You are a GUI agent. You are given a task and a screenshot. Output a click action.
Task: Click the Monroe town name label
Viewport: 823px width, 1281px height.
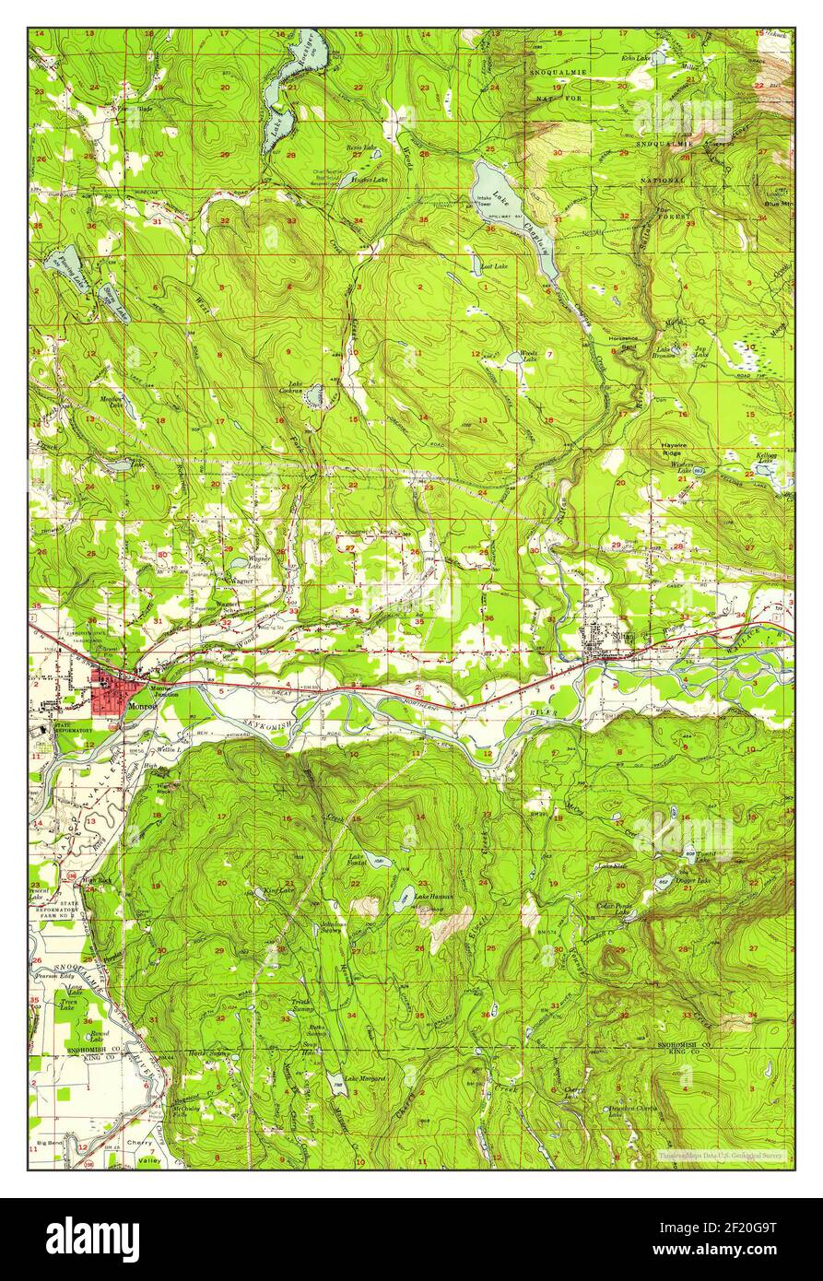click(144, 707)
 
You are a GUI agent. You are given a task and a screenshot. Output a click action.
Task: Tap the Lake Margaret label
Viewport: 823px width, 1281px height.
click(366, 1079)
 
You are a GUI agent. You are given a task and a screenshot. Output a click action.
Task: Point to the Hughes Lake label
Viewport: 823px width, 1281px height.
click(373, 180)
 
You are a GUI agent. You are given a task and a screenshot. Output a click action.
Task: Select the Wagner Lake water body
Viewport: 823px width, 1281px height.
click(238, 563)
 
